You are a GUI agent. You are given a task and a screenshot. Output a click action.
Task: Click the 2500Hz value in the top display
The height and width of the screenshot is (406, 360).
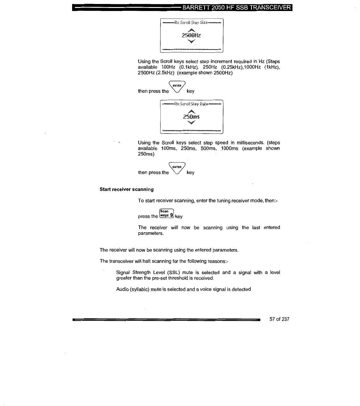point(191,35)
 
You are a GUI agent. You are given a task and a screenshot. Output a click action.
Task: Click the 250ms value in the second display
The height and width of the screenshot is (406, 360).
point(191,117)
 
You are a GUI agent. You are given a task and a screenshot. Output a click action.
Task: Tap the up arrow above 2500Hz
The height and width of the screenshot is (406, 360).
point(192,30)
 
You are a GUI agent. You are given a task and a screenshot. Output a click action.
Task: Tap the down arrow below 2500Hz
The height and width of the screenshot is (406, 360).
point(192,41)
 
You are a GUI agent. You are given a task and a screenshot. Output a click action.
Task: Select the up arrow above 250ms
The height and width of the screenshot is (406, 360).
point(192,111)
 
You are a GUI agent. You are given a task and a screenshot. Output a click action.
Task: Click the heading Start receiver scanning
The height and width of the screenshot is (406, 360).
point(127,189)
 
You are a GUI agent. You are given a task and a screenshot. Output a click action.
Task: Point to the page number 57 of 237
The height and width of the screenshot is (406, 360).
point(279,319)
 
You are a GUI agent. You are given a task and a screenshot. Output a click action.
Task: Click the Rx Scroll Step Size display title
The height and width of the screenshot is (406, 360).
point(191,23)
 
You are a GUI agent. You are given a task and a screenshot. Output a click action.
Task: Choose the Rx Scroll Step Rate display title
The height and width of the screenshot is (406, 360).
point(191,104)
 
